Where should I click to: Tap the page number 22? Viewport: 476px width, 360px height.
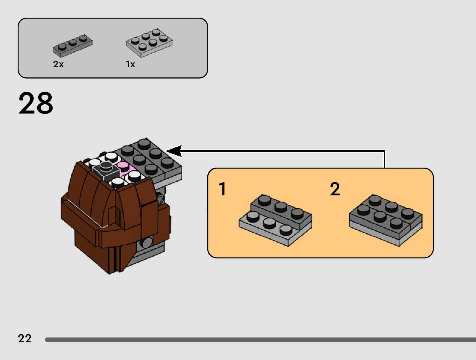point(24,338)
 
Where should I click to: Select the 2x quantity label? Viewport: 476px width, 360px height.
point(58,64)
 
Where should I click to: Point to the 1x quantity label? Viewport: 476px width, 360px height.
point(130,64)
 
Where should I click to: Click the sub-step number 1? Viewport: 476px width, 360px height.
point(222,189)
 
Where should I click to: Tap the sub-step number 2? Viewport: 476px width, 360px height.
point(335,189)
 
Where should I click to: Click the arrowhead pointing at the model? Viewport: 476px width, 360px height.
point(175,151)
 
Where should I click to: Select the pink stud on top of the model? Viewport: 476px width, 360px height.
point(122,165)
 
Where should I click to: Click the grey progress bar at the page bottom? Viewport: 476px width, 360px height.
point(260,340)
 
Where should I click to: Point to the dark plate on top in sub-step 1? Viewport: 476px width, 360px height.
point(281,211)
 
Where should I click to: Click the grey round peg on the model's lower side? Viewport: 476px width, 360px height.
point(147,242)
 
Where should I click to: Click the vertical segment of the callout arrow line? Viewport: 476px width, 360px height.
point(384,159)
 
